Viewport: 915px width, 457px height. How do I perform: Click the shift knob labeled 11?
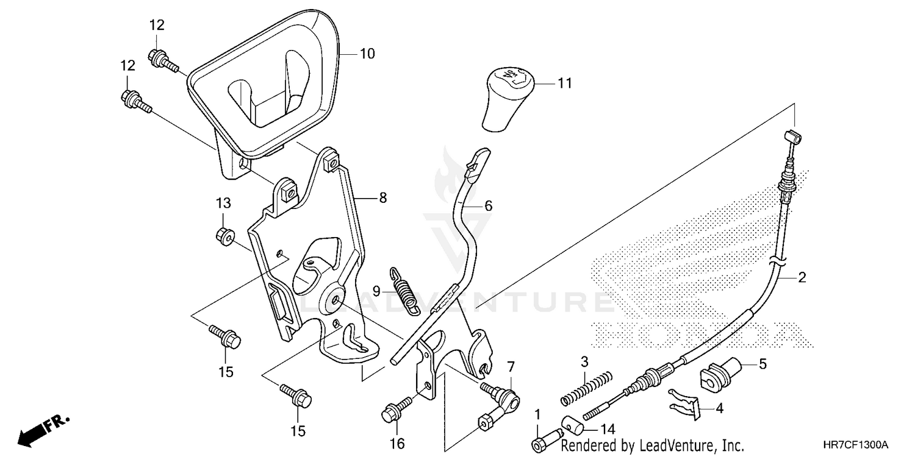point(508,99)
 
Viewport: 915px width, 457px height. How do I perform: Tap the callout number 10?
point(367,54)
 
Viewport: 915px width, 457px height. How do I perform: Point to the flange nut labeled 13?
point(223,235)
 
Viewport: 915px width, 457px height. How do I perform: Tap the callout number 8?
point(382,197)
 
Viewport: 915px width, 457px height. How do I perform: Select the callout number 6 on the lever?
point(488,206)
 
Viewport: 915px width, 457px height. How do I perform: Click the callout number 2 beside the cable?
point(802,278)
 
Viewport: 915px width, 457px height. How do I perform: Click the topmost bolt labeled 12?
point(161,59)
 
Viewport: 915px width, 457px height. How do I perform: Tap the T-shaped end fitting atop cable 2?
point(792,135)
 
